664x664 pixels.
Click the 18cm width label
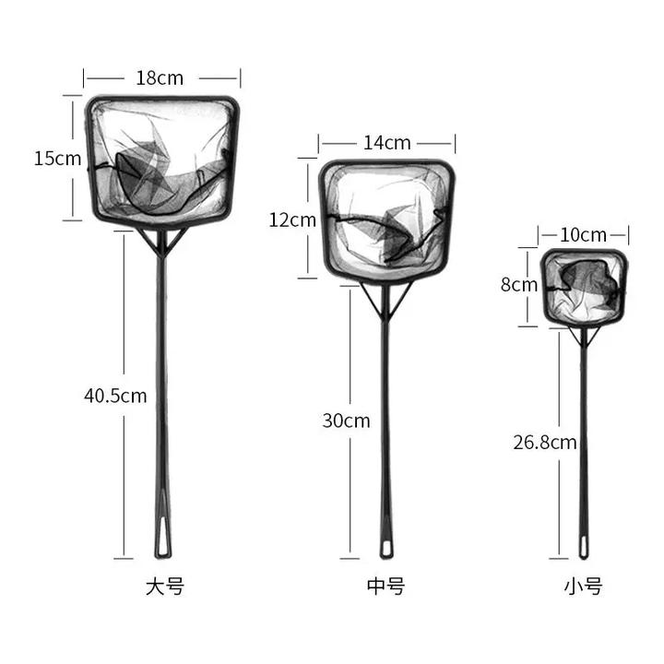point(160,78)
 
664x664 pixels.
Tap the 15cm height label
point(57,159)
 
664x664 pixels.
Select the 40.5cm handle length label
point(115,396)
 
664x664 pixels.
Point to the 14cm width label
point(387,143)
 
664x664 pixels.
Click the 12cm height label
point(292,220)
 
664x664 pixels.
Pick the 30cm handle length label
point(346,421)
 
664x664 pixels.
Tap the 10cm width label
point(583,235)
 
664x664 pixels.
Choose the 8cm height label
point(518,285)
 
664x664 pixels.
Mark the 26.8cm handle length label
point(545,443)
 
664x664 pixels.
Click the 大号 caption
point(165,587)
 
